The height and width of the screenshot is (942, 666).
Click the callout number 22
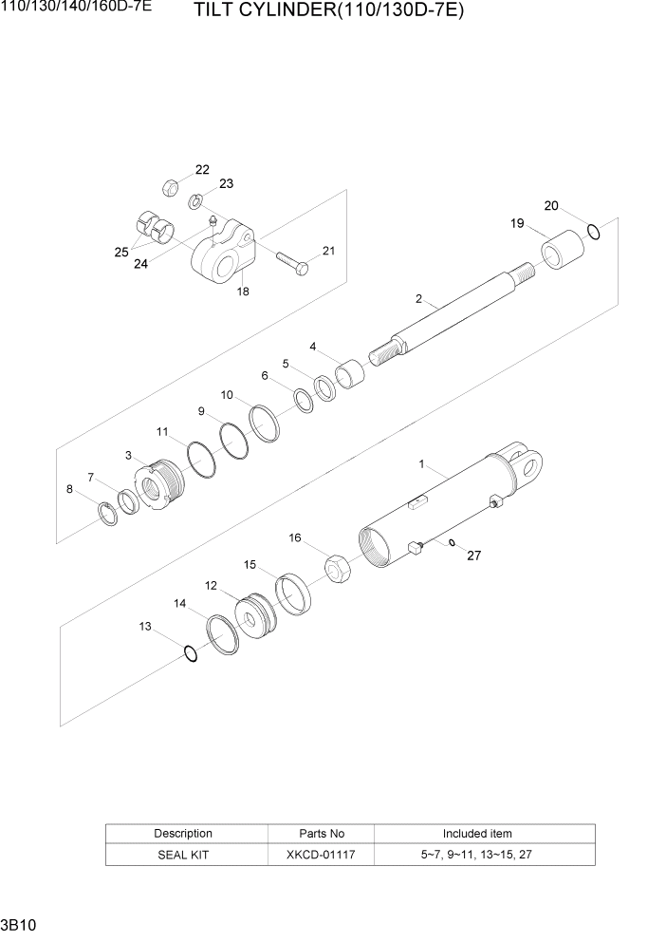202,170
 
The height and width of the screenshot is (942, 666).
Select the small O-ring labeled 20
594,231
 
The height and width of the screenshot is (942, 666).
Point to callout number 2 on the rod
418,299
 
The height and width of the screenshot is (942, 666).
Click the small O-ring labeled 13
190,653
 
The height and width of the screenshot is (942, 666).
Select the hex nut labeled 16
339,569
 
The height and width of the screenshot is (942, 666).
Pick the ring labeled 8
109,515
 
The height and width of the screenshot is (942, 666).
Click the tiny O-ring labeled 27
452,544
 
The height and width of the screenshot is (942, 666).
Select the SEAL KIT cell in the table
183,855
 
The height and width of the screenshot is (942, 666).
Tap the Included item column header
477,834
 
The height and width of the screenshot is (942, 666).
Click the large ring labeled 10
265,422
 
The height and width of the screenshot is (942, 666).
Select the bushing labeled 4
350,372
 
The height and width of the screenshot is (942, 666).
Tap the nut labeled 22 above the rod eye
170,186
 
